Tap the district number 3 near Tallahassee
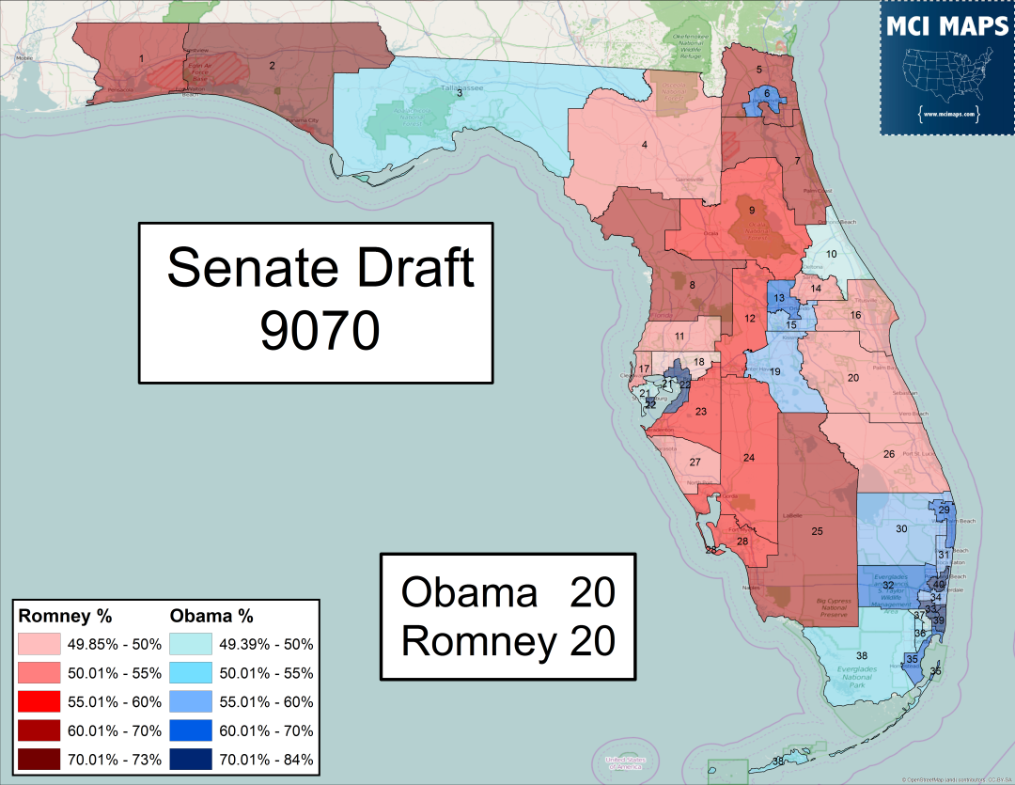click(460, 93)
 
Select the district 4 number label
click(645, 145)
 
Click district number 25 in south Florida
click(817, 532)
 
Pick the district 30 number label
click(900, 529)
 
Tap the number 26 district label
click(888, 455)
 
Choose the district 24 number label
click(749, 458)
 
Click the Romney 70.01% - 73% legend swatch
click(41, 758)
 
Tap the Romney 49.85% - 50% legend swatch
click(41, 645)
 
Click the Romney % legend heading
click(66, 617)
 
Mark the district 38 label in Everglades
click(861, 655)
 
